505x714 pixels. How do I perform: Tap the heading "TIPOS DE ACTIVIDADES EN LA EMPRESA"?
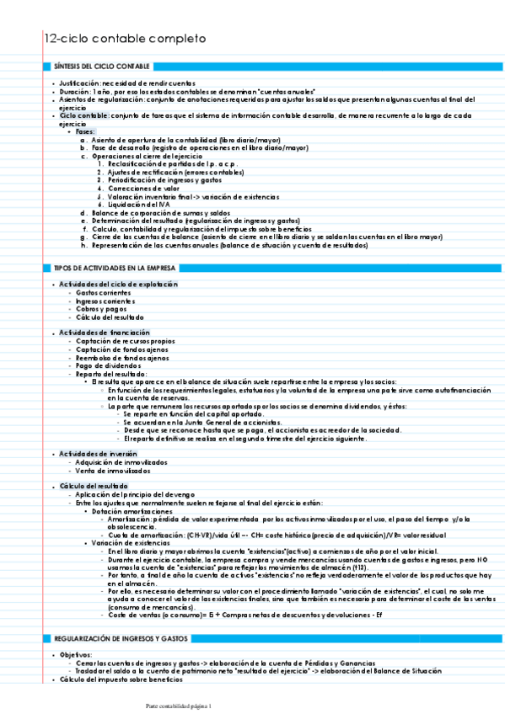point(115,268)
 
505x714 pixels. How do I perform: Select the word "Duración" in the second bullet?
point(75,91)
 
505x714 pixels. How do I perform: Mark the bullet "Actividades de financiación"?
point(105,333)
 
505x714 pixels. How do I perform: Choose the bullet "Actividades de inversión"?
point(99,455)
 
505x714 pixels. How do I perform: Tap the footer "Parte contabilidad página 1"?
point(179,706)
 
